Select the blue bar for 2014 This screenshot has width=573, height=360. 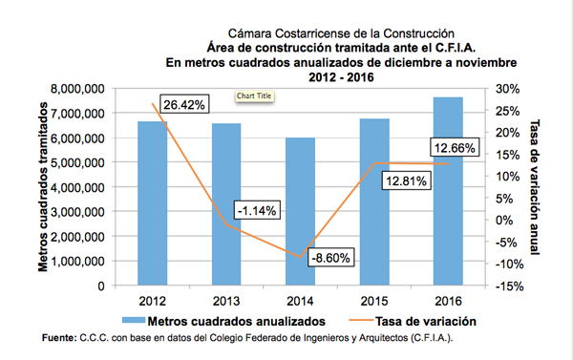[301, 211]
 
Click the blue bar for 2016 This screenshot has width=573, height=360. [448, 191]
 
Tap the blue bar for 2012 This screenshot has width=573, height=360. [153, 203]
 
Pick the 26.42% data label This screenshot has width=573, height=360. [184, 104]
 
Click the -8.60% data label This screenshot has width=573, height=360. [330, 258]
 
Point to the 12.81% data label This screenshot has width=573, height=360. [407, 180]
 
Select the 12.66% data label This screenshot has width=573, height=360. [455, 148]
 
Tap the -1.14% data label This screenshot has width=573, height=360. [257, 210]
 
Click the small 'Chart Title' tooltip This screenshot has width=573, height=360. [254, 96]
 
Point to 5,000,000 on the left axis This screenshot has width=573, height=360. [77, 162]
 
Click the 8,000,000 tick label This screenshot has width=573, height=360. [77, 89]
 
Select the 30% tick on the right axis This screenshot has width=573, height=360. [508, 89]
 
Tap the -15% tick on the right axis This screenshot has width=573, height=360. [509, 286]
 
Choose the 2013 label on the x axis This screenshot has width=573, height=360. [226, 301]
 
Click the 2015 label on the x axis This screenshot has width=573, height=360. [374, 301]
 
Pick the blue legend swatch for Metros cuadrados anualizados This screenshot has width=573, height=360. [134, 321]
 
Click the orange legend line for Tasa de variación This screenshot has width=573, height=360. [361, 321]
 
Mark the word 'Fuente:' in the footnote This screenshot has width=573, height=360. [59, 338]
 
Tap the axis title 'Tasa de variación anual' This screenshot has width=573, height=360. [534, 187]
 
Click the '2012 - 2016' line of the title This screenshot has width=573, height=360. [341, 77]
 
